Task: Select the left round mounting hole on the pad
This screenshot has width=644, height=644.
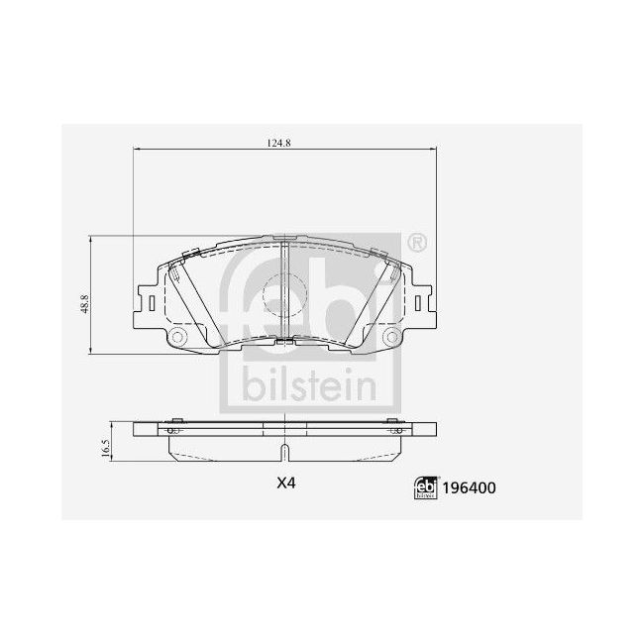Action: click(x=179, y=340)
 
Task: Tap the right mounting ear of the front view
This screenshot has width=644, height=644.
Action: click(x=425, y=300)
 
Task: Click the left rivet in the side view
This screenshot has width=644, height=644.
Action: click(x=172, y=431)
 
